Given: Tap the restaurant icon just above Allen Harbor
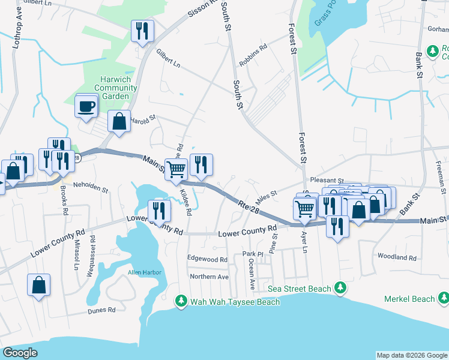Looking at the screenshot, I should click(x=159, y=210).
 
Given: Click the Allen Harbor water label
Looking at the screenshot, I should click(x=144, y=272).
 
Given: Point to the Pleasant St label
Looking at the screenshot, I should click(x=327, y=180).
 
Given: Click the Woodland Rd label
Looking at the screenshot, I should click(x=397, y=256).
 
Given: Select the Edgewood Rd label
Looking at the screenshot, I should click(x=207, y=259).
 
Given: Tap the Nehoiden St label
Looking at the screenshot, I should click(x=90, y=188).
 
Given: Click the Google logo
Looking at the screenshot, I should click(x=20, y=352).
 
